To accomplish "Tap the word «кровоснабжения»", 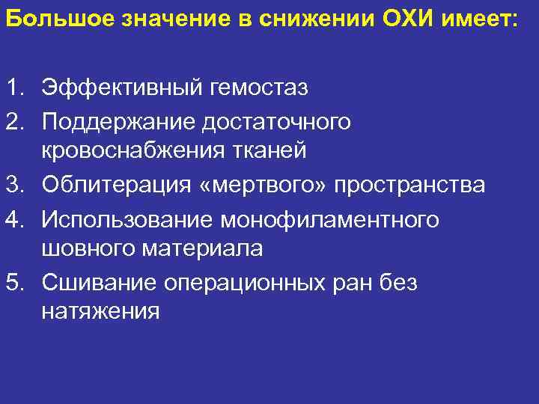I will [131, 152].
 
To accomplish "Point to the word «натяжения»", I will [100, 313].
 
